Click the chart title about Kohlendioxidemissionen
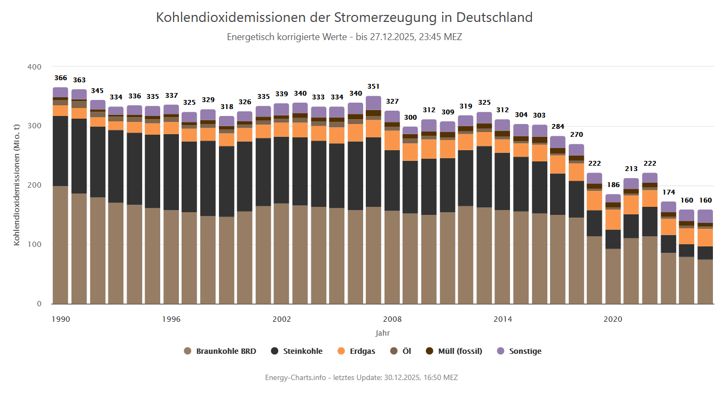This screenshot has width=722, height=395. click(344, 17)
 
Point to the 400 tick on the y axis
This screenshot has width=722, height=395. click(35, 67)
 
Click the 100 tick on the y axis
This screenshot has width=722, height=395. click(35, 245)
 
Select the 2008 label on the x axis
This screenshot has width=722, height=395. click(393, 319)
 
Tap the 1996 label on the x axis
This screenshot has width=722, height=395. click(171, 319)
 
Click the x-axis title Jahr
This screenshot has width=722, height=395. click(382, 333)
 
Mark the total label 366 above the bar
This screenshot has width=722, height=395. click(60, 78)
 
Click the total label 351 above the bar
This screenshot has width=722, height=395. click(373, 86)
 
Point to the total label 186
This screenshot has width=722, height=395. click(613, 185)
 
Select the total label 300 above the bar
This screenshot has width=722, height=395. click(410, 117)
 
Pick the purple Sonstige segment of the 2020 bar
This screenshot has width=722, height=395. click(613, 198)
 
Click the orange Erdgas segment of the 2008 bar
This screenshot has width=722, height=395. click(392, 140)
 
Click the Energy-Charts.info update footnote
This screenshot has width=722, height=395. click(361, 377)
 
